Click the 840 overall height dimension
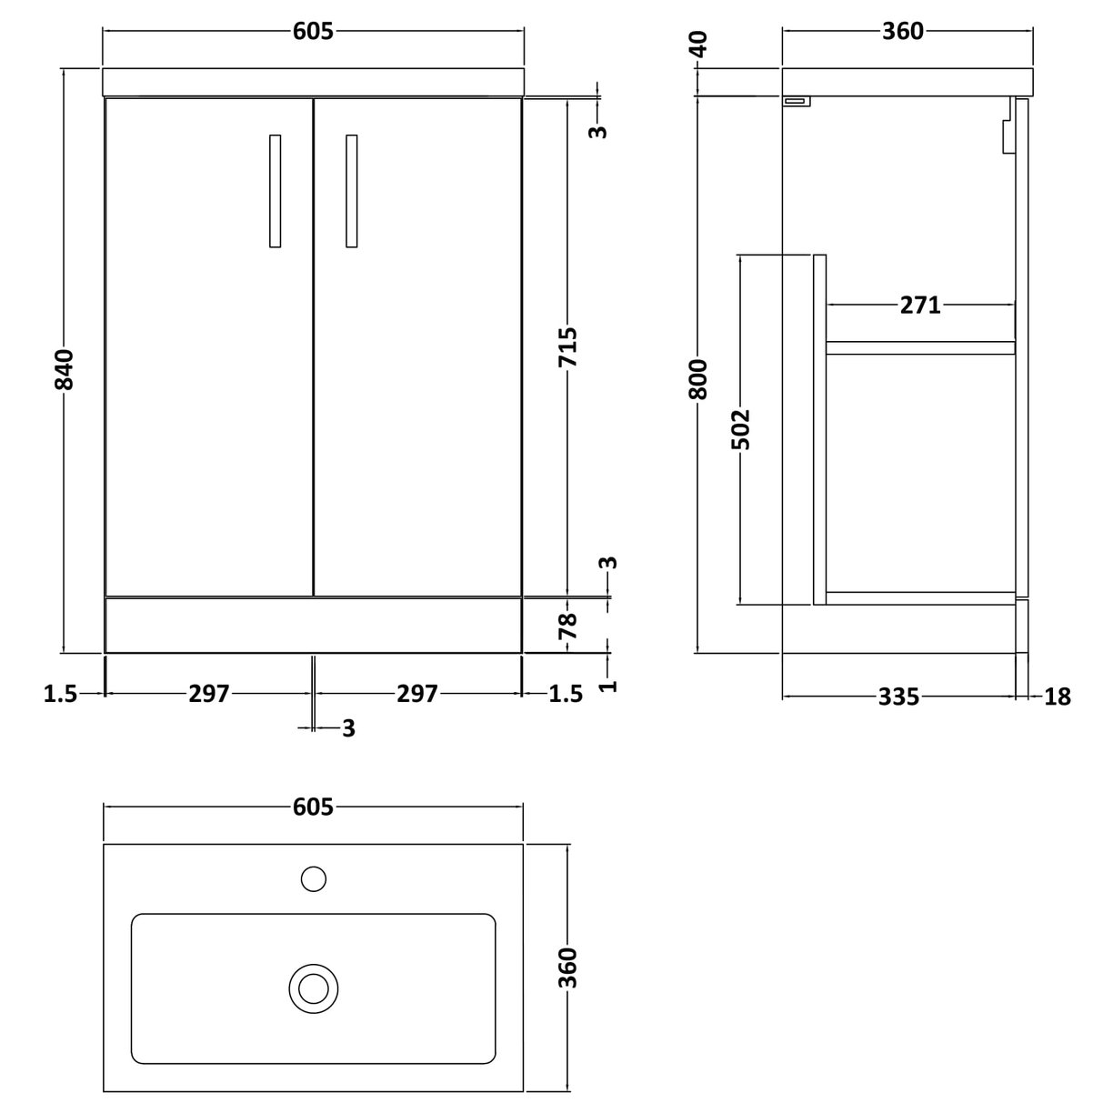coord(65,368)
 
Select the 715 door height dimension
coord(567,347)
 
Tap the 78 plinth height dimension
coord(567,626)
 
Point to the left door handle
coord(275,191)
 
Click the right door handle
coord(352,191)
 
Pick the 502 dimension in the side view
coord(741,429)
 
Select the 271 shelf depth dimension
coord(920,306)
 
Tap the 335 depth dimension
coord(898,697)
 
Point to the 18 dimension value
coord(1058,697)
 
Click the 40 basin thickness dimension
coord(698,44)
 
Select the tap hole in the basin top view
coord(313,878)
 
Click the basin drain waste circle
coord(314,987)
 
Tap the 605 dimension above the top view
coord(314,807)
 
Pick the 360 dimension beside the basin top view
coord(567,968)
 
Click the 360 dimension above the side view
coord(902,32)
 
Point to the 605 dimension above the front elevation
coord(314,32)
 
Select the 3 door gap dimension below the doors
coord(348,728)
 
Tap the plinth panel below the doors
coord(313,625)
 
